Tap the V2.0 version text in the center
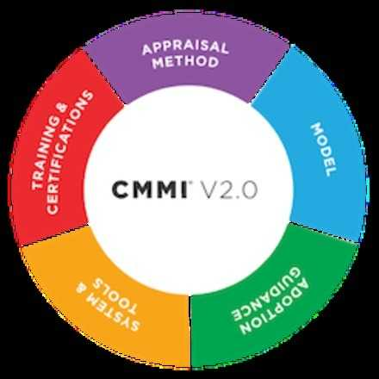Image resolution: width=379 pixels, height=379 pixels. point(233,189)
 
